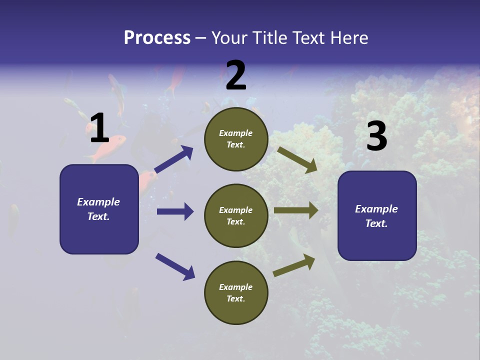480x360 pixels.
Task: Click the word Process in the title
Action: tap(157, 38)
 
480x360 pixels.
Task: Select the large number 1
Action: tap(99, 128)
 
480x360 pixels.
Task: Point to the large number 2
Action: tap(236, 76)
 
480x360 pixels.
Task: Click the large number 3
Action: tap(376, 136)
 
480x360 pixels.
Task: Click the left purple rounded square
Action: tap(99, 209)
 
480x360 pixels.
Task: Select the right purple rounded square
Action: tap(377, 216)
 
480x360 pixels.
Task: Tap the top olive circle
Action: tap(236, 139)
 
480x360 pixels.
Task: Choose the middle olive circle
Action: tap(236, 216)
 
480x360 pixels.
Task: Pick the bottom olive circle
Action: tap(236, 293)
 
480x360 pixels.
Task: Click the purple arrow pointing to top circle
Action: tap(174, 159)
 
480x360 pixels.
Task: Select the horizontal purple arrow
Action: tap(175, 211)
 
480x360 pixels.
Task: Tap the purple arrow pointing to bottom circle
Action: tap(175, 266)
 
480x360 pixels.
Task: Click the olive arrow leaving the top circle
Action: tap(297, 159)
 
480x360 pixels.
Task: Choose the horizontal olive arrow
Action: tap(296, 210)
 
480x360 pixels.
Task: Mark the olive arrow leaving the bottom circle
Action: tap(294, 265)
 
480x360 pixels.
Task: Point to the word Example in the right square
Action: tap(376, 209)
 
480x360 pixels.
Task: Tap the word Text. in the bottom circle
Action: tap(235, 298)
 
